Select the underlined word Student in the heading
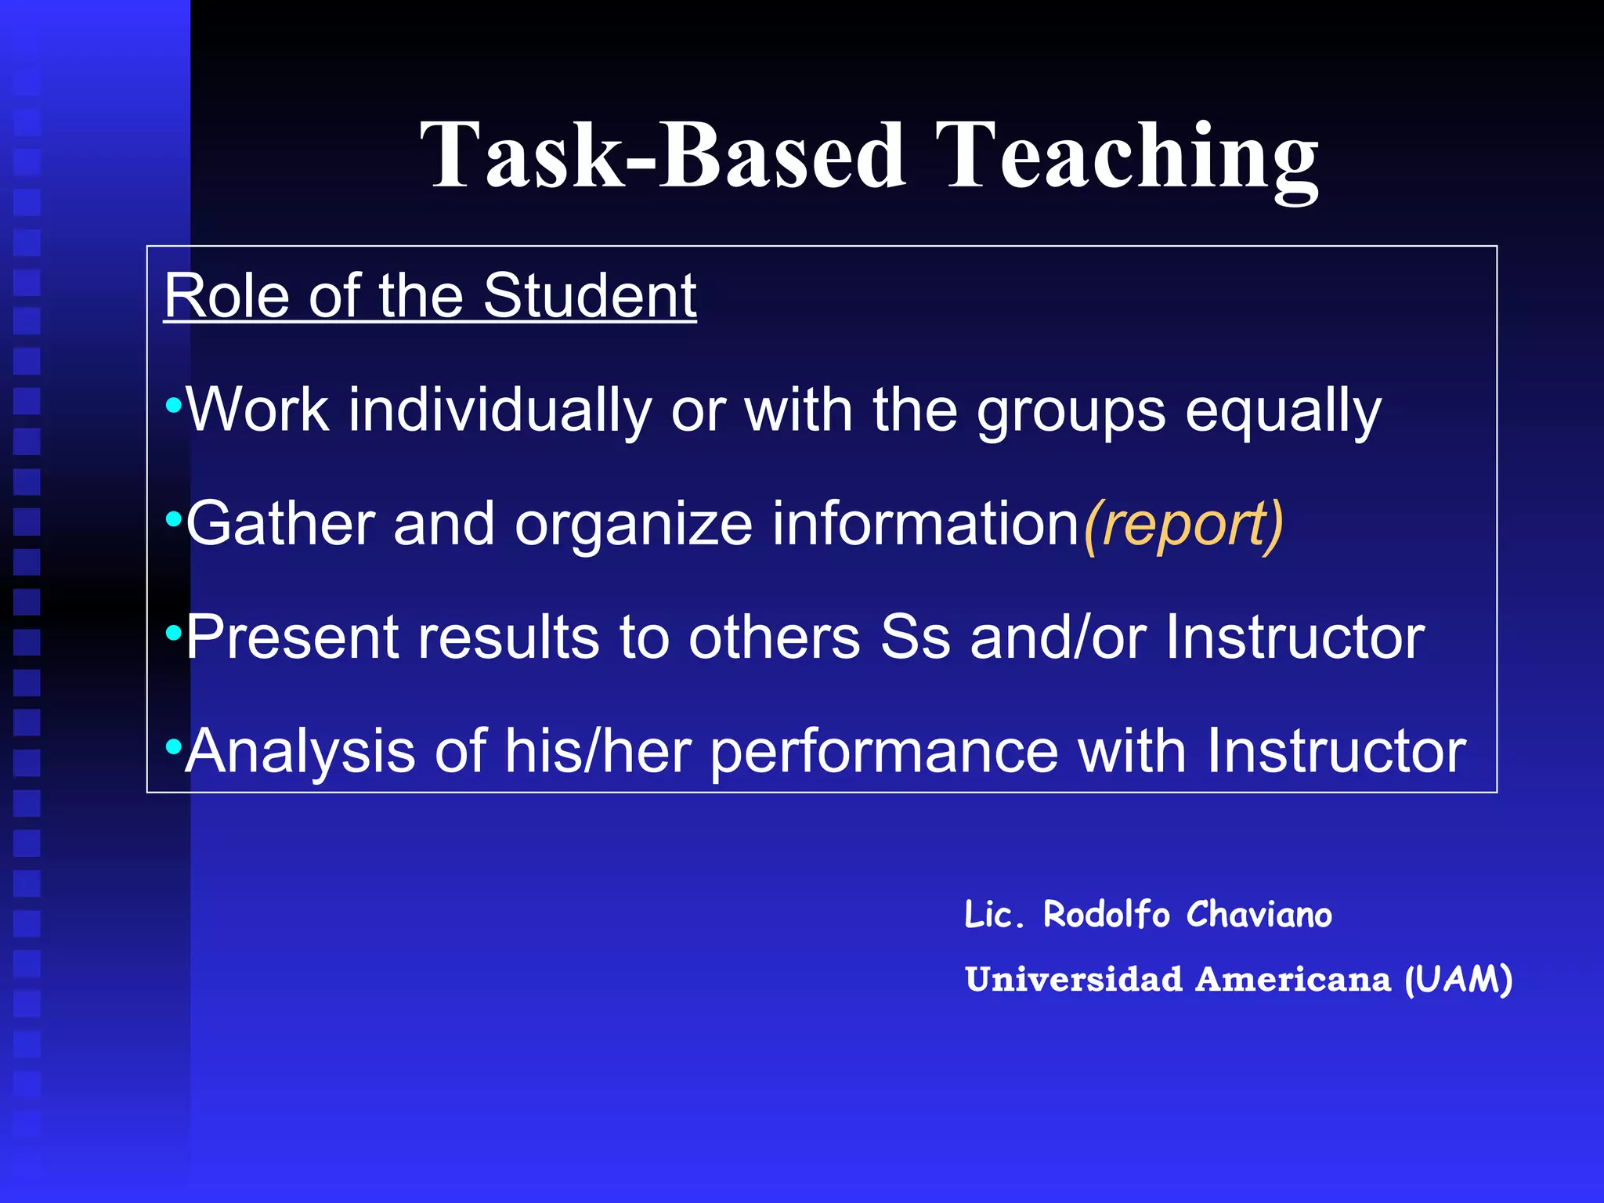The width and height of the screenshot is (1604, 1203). [589, 296]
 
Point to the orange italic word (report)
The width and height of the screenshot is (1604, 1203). [1183, 525]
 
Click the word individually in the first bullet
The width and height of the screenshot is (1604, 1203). [500, 410]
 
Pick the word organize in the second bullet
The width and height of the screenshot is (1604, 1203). [633, 525]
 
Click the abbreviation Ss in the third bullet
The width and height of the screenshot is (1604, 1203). [915, 638]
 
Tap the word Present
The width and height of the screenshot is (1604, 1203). [292, 638]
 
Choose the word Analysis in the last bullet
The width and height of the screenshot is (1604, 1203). [299, 751]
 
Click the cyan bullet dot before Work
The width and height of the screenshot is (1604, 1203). [173, 406]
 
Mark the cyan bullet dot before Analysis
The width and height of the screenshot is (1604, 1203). [173, 746]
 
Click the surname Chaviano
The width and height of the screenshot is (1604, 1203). [1259, 915]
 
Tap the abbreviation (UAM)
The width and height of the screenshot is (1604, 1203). [1458, 980]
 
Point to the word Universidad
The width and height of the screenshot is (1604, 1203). [1074, 980]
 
